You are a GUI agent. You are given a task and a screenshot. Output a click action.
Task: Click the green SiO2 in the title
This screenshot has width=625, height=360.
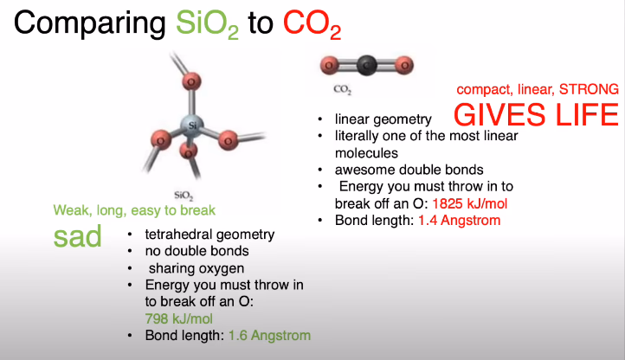point(207,24)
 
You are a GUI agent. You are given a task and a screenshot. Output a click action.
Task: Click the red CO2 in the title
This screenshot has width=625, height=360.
point(312,24)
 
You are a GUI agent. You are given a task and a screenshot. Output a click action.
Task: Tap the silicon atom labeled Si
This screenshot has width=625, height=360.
point(192,125)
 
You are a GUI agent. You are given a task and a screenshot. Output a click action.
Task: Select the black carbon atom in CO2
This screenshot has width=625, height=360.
point(367,65)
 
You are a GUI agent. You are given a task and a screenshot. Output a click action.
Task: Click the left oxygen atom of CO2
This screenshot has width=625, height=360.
point(329,65)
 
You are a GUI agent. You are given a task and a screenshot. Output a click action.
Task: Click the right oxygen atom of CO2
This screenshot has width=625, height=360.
point(404,65)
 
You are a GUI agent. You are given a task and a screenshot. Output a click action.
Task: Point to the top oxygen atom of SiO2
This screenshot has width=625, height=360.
point(191,81)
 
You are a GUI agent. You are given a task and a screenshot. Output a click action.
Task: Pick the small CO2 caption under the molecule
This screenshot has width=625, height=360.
point(343,89)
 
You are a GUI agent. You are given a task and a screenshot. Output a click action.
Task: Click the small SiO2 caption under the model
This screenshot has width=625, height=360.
point(184,196)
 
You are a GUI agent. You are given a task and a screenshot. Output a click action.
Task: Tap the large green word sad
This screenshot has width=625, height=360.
point(78,236)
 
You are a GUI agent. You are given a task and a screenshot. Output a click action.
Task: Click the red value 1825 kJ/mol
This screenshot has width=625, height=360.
point(469,203)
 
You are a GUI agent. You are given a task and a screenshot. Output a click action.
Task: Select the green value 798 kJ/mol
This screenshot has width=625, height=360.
point(178,318)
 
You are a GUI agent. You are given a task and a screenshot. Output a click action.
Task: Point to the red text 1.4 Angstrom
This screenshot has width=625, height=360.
point(459,221)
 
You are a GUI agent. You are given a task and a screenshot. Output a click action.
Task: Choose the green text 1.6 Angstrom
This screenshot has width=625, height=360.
point(269,336)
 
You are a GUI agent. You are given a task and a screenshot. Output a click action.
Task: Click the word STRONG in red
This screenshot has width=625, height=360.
point(589,90)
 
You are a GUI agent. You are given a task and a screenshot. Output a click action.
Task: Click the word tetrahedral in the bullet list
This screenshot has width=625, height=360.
point(179,235)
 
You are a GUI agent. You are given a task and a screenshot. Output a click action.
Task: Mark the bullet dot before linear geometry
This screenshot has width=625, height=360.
point(320,119)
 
